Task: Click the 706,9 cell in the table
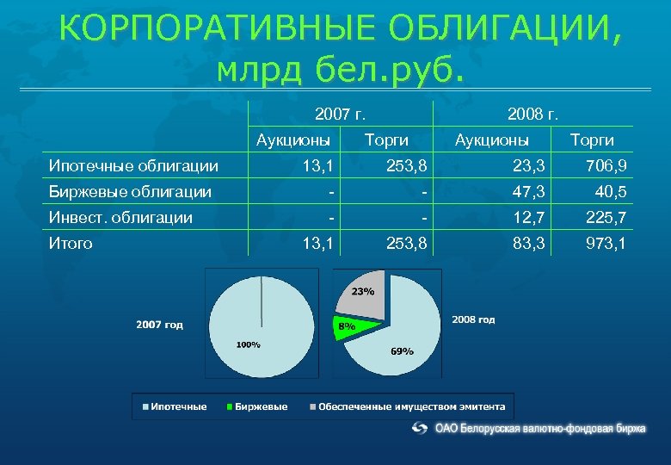click(x=607, y=164)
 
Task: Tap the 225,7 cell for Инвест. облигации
click(x=607, y=217)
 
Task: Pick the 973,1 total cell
click(x=607, y=244)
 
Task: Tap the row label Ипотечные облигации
click(x=133, y=164)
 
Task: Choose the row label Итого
click(x=71, y=244)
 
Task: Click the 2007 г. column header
click(x=341, y=113)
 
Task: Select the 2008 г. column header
click(x=533, y=113)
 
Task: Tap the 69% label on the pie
click(x=402, y=350)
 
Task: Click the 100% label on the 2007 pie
click(x=248, y=344)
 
